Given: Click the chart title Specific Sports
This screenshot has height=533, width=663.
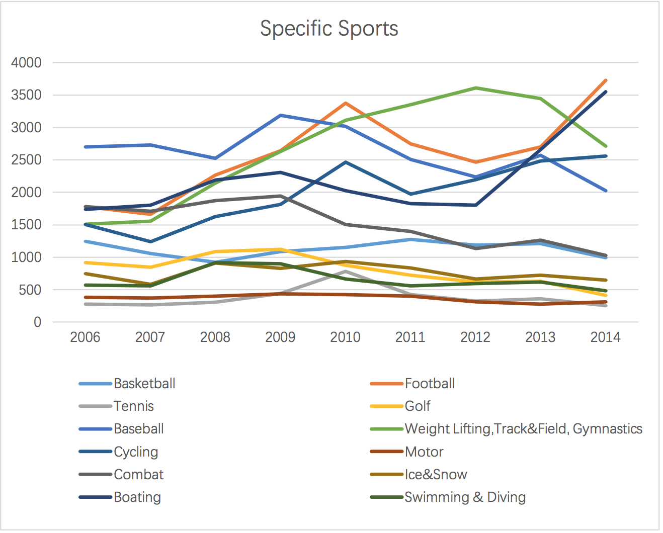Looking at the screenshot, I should [x=329, y=29].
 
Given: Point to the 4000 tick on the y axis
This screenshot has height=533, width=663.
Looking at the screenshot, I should [x=26, y=63].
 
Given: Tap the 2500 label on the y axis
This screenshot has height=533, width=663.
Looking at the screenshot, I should [x=26, y=160].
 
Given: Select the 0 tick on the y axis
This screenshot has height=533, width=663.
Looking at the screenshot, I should [x=37, y=322].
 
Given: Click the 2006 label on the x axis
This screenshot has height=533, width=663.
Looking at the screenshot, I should [x=85, y=337].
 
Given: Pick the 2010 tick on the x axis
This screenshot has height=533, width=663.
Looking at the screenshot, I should [x=345, y=337].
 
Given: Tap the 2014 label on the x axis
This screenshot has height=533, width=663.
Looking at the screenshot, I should [x=605, y=337].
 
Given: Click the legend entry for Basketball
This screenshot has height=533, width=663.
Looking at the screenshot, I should [x=144, y=384].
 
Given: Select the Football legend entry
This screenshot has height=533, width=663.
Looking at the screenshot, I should [x=430, y=384].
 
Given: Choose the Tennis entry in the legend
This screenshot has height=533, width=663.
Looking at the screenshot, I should [x=134, y=406].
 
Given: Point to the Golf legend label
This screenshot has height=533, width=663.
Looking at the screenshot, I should [x=418, y=406].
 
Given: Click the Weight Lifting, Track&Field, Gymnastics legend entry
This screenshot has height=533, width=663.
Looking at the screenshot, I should [x=523, y=429].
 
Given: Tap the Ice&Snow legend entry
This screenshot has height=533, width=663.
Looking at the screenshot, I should [x=436, y=475].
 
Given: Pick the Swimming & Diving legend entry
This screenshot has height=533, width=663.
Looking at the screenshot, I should [x=465, y=497].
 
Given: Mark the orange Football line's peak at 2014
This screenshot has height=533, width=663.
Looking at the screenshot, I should [x=606, y=80].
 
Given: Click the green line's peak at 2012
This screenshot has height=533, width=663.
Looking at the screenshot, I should [x=475, y=88].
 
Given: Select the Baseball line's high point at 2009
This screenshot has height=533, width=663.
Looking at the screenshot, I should [x=280, y=115].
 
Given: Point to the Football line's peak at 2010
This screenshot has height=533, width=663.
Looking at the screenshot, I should [x=345, y=103].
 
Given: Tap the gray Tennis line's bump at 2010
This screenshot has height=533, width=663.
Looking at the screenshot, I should [x=345, y=272].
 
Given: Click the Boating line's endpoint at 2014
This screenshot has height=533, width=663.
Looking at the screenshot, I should [x=606, y=92].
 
